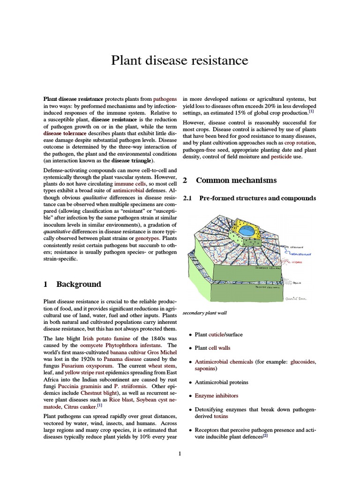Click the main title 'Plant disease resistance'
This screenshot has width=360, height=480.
180,60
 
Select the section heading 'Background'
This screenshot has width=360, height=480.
78,284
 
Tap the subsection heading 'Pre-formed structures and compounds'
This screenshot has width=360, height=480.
257,199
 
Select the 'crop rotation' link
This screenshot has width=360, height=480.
300,142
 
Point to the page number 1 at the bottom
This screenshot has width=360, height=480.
180,453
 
